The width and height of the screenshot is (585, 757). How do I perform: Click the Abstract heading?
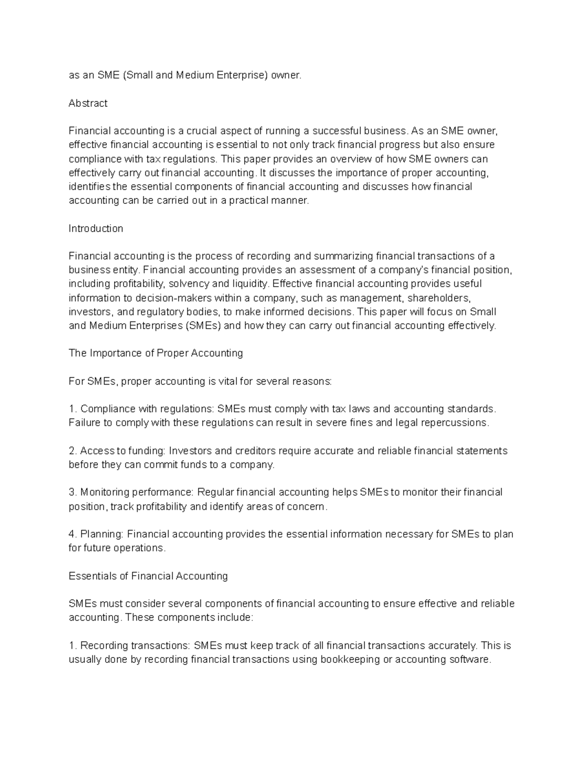[88, 103]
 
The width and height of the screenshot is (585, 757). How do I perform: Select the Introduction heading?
[96, 229]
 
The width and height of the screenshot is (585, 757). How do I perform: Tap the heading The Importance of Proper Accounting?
[156, 353]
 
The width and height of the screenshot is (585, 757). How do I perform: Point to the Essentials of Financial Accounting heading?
[148, 576]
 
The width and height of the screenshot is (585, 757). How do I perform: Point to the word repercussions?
[457, 423]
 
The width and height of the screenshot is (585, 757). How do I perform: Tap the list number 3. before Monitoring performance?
[73, 493]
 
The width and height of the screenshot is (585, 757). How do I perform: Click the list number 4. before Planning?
[73, 534]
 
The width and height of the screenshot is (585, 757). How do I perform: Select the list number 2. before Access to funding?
[73, 451]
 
